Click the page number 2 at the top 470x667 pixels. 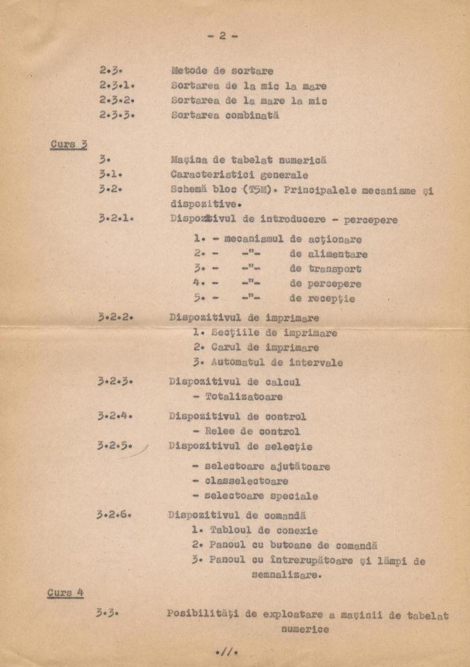pyautogui.click(x=222, y=36)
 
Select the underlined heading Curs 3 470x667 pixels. pyautogui.click(x=68, y=144)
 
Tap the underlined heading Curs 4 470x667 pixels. pyautogui.click(x=65, y=593)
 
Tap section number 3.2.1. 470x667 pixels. pyautogui.click(x=116, y=219)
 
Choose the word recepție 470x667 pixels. pyautogui.click(x=331, y=299)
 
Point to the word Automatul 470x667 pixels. pyautogui.click(x=238, y=362)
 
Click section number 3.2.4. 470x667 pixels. pyautogui.click(x=115, y=416)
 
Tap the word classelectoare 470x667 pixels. pyautogui.click(x=246, y=481)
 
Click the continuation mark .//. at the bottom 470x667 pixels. pyautogui.click(x=227, y=651)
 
